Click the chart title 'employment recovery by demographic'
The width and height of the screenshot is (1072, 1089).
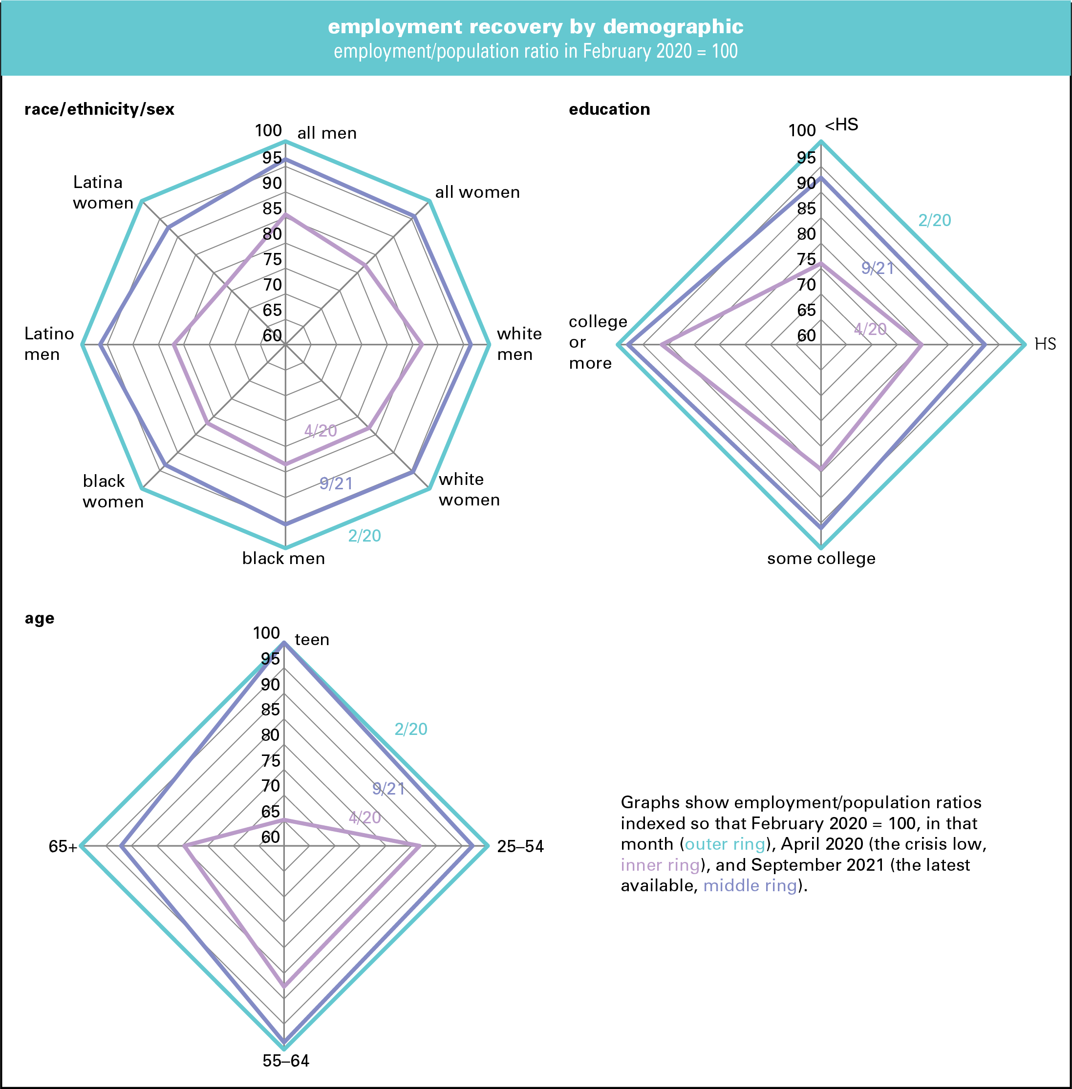pos(536,26)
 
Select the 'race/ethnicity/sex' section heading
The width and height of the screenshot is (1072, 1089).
pos(99,109)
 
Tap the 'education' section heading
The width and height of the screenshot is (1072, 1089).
pos(609,109)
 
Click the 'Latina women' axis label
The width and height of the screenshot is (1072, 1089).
pos(103,192)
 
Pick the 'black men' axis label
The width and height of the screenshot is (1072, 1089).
pos(283,558)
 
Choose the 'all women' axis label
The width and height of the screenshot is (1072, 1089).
pos(477,192)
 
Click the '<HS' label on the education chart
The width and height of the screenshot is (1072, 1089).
pos(842,125)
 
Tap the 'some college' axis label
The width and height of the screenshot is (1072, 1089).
pos(821,558)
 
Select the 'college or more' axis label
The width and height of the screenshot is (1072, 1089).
pos(598,342)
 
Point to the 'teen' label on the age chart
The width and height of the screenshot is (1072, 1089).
pos(312,639)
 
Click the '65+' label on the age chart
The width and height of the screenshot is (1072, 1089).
pos(63,846)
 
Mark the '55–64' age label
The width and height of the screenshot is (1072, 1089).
pos(285,1061)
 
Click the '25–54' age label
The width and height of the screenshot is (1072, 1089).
pos(520,846)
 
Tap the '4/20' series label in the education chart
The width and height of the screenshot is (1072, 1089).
pos(870,329)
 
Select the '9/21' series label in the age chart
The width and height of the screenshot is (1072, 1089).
pos(388,789)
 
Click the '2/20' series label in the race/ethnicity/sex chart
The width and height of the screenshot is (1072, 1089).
pos(364,536)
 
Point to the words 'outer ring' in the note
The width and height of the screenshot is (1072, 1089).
pos(725,844)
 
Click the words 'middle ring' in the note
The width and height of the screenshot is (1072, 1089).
pos(750,886)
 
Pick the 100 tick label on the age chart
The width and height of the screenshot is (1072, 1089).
pos(266,633)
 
